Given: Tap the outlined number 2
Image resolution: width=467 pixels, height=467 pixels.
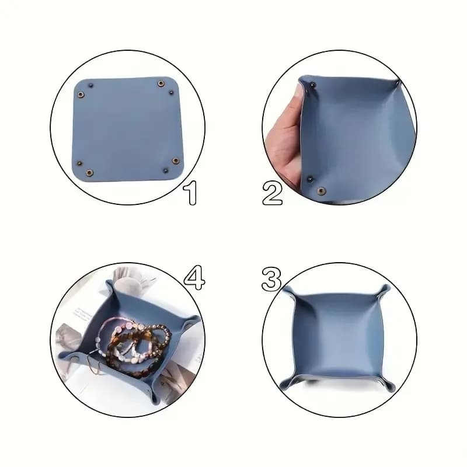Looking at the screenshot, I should coord(272,193).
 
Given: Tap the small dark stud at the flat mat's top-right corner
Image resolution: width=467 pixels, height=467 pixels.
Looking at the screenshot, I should coord(171,92).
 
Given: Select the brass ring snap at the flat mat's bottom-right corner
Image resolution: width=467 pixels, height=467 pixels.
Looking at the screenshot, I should coord(175,161).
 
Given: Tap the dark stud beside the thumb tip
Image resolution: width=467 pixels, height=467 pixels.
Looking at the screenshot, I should coord(312,86).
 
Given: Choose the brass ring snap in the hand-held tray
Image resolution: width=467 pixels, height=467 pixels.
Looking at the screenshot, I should coord(320,191).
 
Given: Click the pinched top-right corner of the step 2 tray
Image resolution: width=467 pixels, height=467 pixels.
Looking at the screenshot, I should coord(399,83).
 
